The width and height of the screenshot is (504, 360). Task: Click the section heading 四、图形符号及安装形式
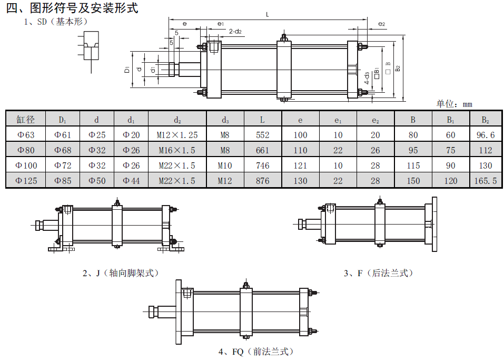pyautogui.click(x=72, y=8)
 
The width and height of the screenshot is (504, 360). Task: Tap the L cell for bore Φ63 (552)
pyautogui.click(x=262, y=135)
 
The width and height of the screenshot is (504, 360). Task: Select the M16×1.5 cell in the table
pyautogui.click(x=177, y=150)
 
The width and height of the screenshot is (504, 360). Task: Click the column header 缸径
pyautogui.click(x=25, y=119)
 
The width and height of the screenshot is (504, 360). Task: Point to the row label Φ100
pyautogui.click(x=25, y=166)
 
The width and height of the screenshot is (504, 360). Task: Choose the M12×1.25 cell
pyautogui.click(x=177, y=135)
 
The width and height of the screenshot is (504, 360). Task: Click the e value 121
pyautogui.click(x=300, y=166)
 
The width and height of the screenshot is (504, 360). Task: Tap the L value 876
pyautogui.click(x=262, y=181)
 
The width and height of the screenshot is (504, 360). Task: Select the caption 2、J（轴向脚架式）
pyautogui.click(x=120, y=273)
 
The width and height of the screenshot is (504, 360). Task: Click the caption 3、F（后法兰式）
pyautogui.click(x=378, y=273)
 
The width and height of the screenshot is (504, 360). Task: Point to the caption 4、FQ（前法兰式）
pyautogui.click(x=255, y=352)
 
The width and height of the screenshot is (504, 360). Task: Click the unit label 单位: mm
pyautogui.click(x=454, y=104)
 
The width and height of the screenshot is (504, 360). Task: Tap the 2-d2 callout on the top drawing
pyautogui.click(x=235, y=32)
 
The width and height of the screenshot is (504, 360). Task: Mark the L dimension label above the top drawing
pyautogui.click(x=268, y=15)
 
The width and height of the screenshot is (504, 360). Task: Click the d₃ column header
pyautogui.click(x=225, y=119)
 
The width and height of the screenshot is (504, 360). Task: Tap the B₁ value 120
pyautogui.click(x=451, y=181)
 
